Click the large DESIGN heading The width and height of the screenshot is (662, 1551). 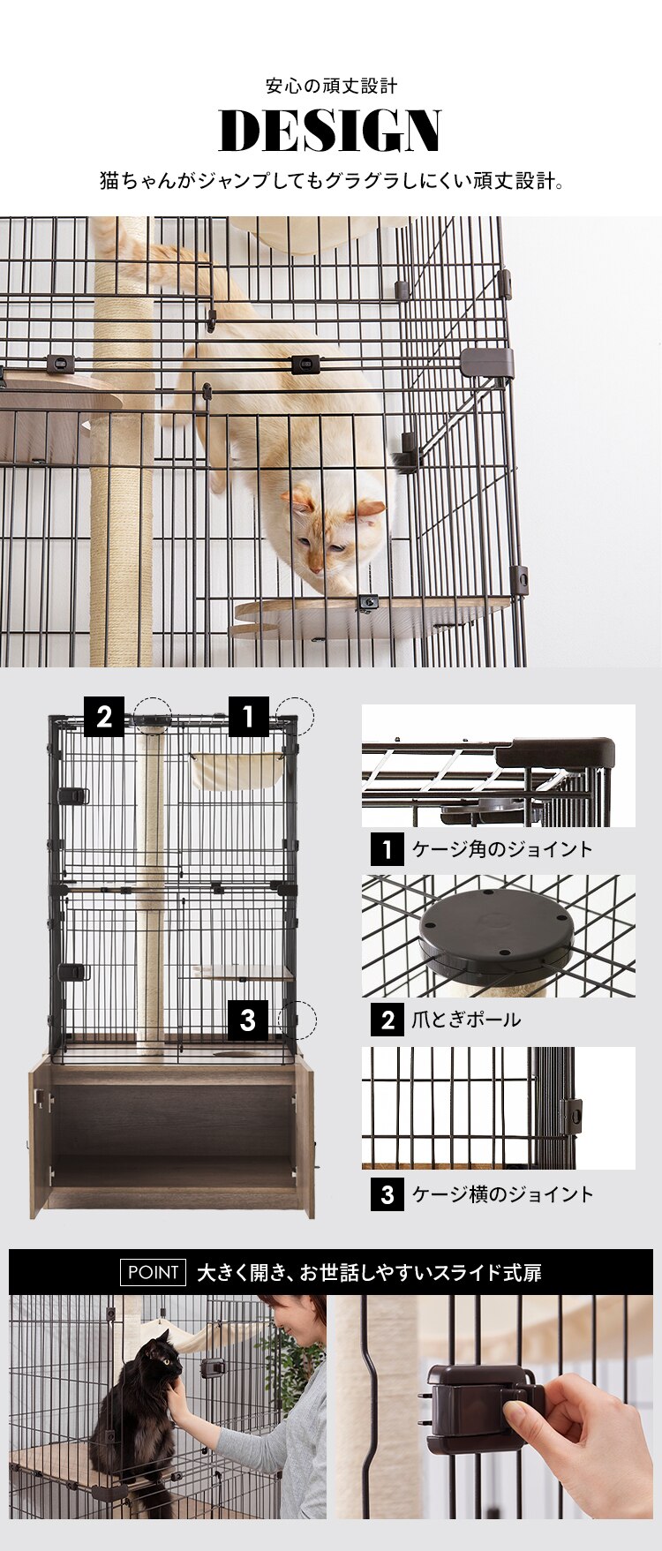330,132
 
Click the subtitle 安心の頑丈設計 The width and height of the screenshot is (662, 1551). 331,86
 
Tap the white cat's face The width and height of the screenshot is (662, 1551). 330,534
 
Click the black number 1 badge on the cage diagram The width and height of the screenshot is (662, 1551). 248,717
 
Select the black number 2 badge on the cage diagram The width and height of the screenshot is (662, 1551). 104,717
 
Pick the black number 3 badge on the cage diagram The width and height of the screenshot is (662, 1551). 248,1020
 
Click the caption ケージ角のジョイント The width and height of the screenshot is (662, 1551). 501,849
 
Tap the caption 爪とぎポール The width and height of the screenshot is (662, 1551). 466,1020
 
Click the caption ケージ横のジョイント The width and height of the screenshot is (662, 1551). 502,1194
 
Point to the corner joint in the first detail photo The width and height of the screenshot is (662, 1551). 556,755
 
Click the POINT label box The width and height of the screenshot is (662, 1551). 154,1272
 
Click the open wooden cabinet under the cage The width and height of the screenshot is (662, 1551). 172,1134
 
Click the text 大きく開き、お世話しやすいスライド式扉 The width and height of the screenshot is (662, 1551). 369,1272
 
